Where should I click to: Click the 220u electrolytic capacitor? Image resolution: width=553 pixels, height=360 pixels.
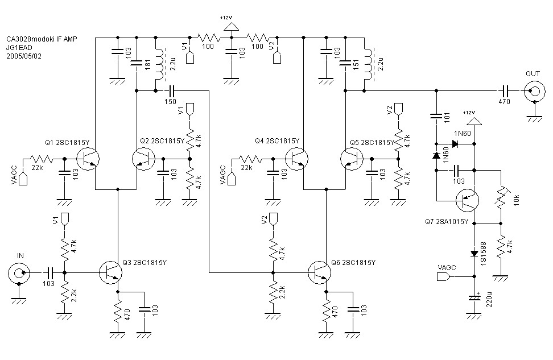coord(474,297)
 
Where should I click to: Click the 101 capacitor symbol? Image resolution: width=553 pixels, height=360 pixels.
coord(436,117)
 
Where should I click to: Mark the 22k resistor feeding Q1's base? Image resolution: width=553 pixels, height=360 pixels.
coord(40,159)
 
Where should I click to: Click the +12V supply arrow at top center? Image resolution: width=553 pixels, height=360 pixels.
coord(230,26)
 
